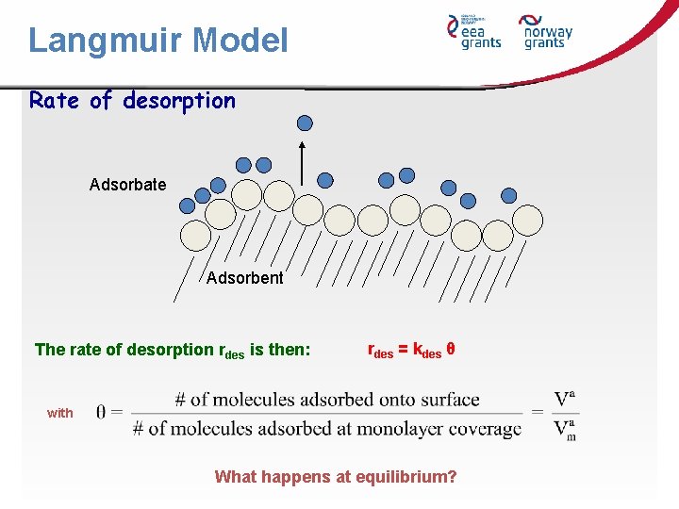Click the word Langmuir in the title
pos(106,41)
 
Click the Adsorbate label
pos(127,185)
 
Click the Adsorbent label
pos(244,278)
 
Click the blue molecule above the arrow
pos(305,123)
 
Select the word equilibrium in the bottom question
pos(406,477)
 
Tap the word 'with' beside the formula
pos(59,413)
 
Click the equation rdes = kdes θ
pos(411,350)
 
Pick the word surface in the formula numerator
pos(449,400)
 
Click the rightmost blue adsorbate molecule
pos(509,195)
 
